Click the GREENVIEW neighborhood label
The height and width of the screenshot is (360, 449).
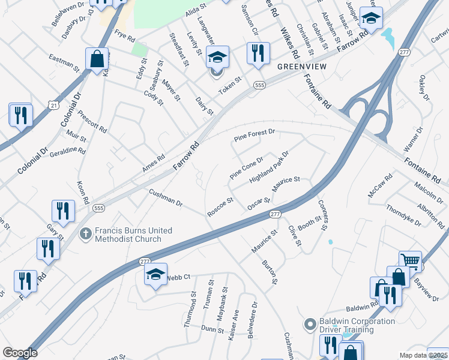[301, 67]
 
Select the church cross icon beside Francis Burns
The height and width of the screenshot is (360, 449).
[86, 233]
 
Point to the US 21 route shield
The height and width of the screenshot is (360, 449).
[55, 105]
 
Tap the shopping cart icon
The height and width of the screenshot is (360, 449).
[410, 260]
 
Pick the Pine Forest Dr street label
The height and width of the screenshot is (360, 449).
[254, 136]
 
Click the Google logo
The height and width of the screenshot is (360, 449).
[20, 353]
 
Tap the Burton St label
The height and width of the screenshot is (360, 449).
[270, 272]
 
